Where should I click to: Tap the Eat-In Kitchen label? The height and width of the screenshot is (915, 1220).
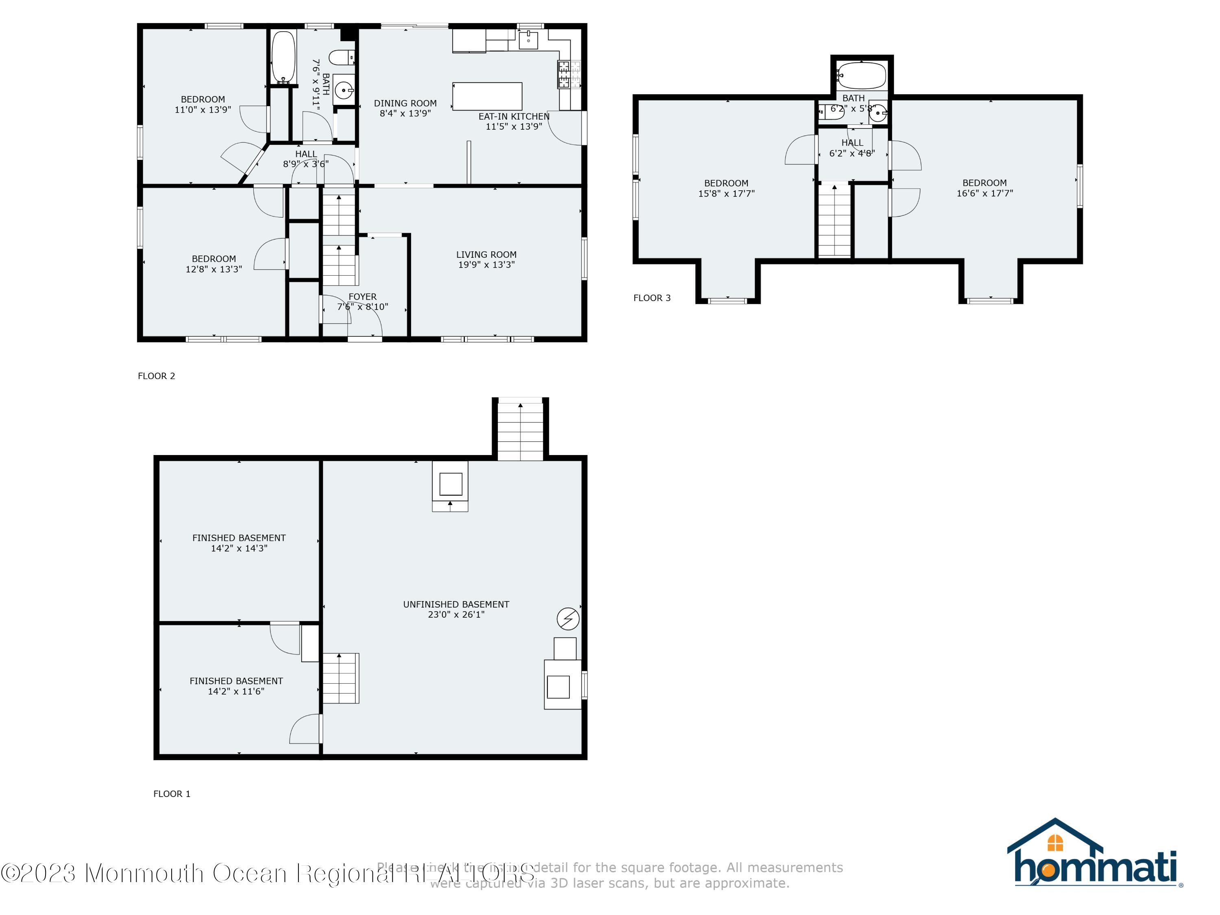pyautogui.click(x=514, y=116)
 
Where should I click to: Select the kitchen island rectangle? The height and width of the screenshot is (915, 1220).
pyautogui.click(x=487, y=96)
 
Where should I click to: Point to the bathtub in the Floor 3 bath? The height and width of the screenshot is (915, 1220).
pyautogui.click(x=861, y=76)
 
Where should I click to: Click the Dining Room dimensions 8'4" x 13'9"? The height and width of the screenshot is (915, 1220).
pyautogui.click(x=405, y=113)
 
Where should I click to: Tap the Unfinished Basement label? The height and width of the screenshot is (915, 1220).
pyautogui.click(x=456, y=604)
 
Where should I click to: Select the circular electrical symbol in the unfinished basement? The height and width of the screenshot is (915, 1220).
pyautogui.click(x=568, y=619)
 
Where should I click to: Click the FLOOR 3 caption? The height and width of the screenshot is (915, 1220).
pyautogui.click(x=652, y=298)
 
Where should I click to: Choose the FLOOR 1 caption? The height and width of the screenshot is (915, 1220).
pyautogui.click(x=172, y=794)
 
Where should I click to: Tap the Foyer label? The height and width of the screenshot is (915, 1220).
pyautogui.click(x=362, y=297)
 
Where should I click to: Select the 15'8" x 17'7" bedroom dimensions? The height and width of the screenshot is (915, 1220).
pyautogui.click(x=726, y=194)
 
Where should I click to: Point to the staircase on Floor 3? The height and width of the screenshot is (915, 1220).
pyautogui.click(x=834, y=220)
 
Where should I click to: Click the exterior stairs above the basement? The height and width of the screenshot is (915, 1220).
pyautogui.click(x=520, y=431)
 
